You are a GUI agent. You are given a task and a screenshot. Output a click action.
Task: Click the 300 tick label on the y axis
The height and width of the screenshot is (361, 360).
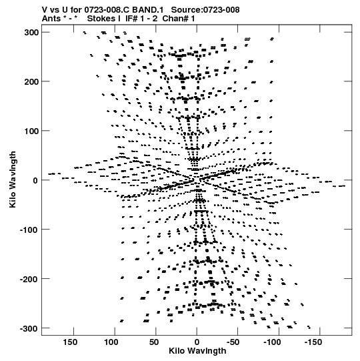(x=31, y=33)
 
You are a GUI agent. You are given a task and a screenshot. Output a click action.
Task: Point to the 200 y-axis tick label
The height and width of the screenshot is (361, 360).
(x=31, y=81)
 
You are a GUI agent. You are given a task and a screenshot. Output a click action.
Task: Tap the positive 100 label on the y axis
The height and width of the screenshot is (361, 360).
(x=31, y=131)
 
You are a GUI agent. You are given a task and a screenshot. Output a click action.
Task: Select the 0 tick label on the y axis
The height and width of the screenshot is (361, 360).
(x=35, y=180)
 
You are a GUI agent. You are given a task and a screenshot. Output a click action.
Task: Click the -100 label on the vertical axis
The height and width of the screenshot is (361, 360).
(x=29, y=230)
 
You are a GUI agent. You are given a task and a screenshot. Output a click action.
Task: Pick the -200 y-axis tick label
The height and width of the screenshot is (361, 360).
(x=29, y=279)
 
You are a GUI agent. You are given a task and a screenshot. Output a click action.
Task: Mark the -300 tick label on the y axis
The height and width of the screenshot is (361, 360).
(x=29, y=328)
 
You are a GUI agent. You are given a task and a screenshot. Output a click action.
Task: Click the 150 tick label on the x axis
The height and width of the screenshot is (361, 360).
(x=70, y=342)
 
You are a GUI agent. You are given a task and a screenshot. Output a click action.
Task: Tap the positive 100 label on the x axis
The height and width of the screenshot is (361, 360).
(x=111, y=342)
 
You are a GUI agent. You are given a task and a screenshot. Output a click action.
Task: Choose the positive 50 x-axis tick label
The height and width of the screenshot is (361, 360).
(x=154, y=342)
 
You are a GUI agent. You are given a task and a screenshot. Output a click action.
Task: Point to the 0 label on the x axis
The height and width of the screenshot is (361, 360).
(x=197, y=342)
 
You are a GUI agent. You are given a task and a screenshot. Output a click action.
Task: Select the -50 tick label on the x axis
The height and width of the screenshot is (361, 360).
(x=233, y=342)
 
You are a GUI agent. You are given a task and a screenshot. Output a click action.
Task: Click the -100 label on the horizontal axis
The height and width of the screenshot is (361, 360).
(x=272, y=342)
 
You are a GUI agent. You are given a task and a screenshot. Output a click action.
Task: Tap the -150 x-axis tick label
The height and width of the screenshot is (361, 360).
(x=313, y=342)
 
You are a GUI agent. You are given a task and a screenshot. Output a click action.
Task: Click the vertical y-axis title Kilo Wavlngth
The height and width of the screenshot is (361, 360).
(x=13, y=179)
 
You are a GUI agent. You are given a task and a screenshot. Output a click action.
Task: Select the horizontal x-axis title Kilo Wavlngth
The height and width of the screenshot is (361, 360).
(x=197, y=350)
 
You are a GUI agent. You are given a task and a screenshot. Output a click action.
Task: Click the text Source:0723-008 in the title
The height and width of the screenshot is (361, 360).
(x=205, y=10)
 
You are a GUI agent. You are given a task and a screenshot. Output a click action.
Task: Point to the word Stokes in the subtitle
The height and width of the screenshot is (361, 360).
(x=104, y=19)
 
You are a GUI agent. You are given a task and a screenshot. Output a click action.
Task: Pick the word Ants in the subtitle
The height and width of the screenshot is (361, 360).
(x=51, y=19)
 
